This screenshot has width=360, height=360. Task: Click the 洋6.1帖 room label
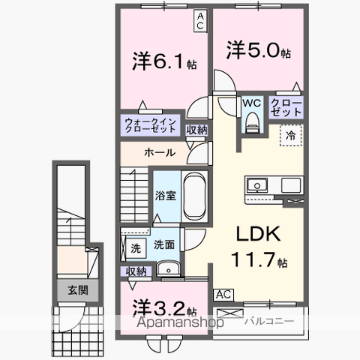click(x=165, y=61)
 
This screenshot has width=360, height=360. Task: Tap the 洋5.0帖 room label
click(x=259, y=50)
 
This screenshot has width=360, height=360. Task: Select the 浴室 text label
click(x=165, y=196)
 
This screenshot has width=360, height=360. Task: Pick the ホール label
click(x=160, y=152)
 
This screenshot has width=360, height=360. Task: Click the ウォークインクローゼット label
click(x=151, y=125)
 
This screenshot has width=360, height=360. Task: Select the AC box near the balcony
click(x=223, y=295)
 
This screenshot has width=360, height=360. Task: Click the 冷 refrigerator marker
click(x=289, y=136)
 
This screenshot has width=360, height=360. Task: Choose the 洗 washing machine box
click(x=135, y=247)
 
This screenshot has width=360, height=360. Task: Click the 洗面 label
click(x=164, y=244)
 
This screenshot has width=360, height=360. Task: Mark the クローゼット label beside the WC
click(x=286, y=107)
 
